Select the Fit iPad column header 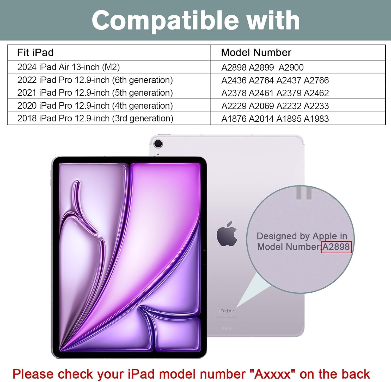[x=35, y=53]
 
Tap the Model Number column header [x=256, y=53]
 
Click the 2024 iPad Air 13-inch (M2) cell [x=69, y=67]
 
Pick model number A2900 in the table [x=291, y=67]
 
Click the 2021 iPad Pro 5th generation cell [x=95, y=93]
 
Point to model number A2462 [x=316, y=93]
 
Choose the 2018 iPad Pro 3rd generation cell [x=95, y=118]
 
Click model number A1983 [x=316, y=119]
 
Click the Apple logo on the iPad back [x=227, y=234]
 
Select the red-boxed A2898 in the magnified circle [x=336, y=247]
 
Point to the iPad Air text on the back [x=227, y=311]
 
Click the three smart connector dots [x=227, y=329]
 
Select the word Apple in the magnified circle [x=325, y=236]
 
